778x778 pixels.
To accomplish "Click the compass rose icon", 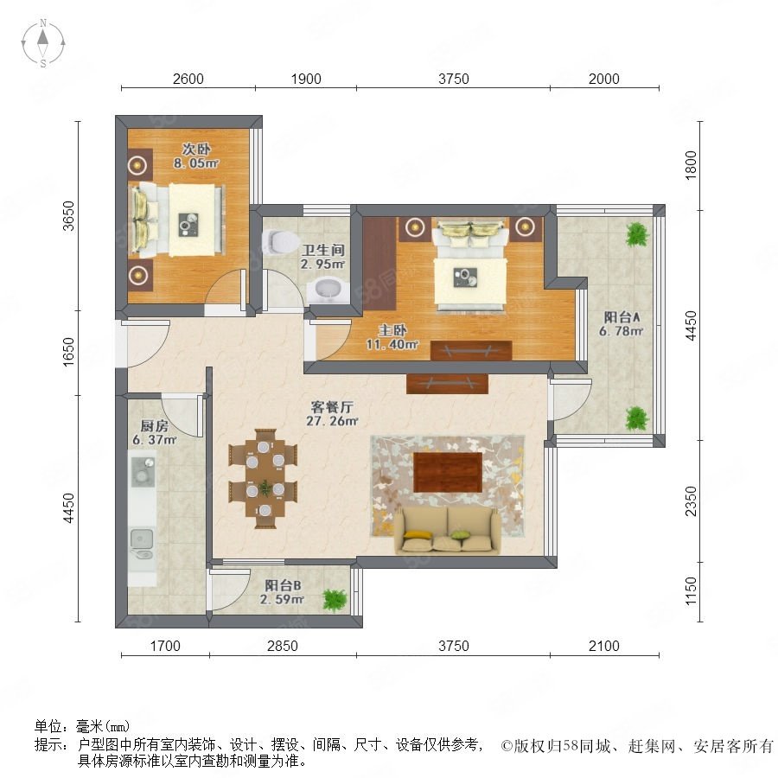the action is pos(43,43).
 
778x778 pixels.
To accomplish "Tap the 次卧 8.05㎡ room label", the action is pos(196,156).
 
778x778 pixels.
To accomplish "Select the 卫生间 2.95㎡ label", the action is pos(322,257).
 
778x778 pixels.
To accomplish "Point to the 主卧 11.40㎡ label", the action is pos(392,337).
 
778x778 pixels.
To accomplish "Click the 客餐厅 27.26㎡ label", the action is pos(332,414).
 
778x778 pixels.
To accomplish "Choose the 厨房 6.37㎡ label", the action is pos(155,433).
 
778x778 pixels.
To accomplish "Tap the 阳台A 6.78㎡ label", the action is pos(622,324).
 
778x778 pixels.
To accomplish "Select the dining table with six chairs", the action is pos(263,479).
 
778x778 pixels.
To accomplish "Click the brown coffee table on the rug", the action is pos(448,472).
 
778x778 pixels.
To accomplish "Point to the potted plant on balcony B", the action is pos(334,600).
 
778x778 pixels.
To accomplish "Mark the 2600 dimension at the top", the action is pos(188,79).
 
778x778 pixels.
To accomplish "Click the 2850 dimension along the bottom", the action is pos(283,646).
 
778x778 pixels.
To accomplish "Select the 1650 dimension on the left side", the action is pos(68,352).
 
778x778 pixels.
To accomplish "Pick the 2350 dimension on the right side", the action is pos(691,501).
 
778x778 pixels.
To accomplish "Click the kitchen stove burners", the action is pos(143,471).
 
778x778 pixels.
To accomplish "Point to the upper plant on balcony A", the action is pos(637,234).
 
